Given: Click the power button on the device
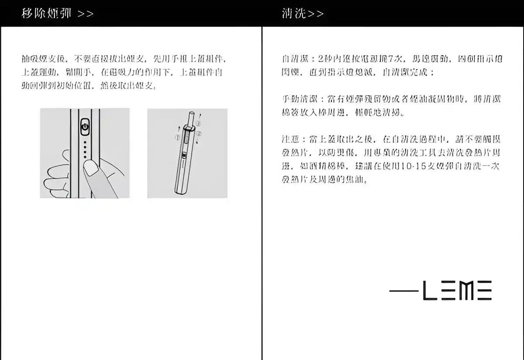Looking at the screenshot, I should pyautogui.click(x=85, y=127).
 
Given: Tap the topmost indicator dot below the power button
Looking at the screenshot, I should pyautogui.click(x=85, y=142).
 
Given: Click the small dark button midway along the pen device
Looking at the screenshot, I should pyautogui.click(x=184, y=155).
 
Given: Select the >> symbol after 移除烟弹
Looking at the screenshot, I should pyautogui.click(x=86, y=14).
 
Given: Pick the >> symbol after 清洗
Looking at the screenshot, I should pyautogui.click(x=316, y=14).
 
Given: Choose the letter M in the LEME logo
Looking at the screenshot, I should pyautogui.click(x=465, y=291).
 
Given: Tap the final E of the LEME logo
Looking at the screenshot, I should pyautogui.click(x=484, y=291).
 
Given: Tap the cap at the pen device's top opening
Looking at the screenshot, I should pyautogui.click(x=189, y=129).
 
